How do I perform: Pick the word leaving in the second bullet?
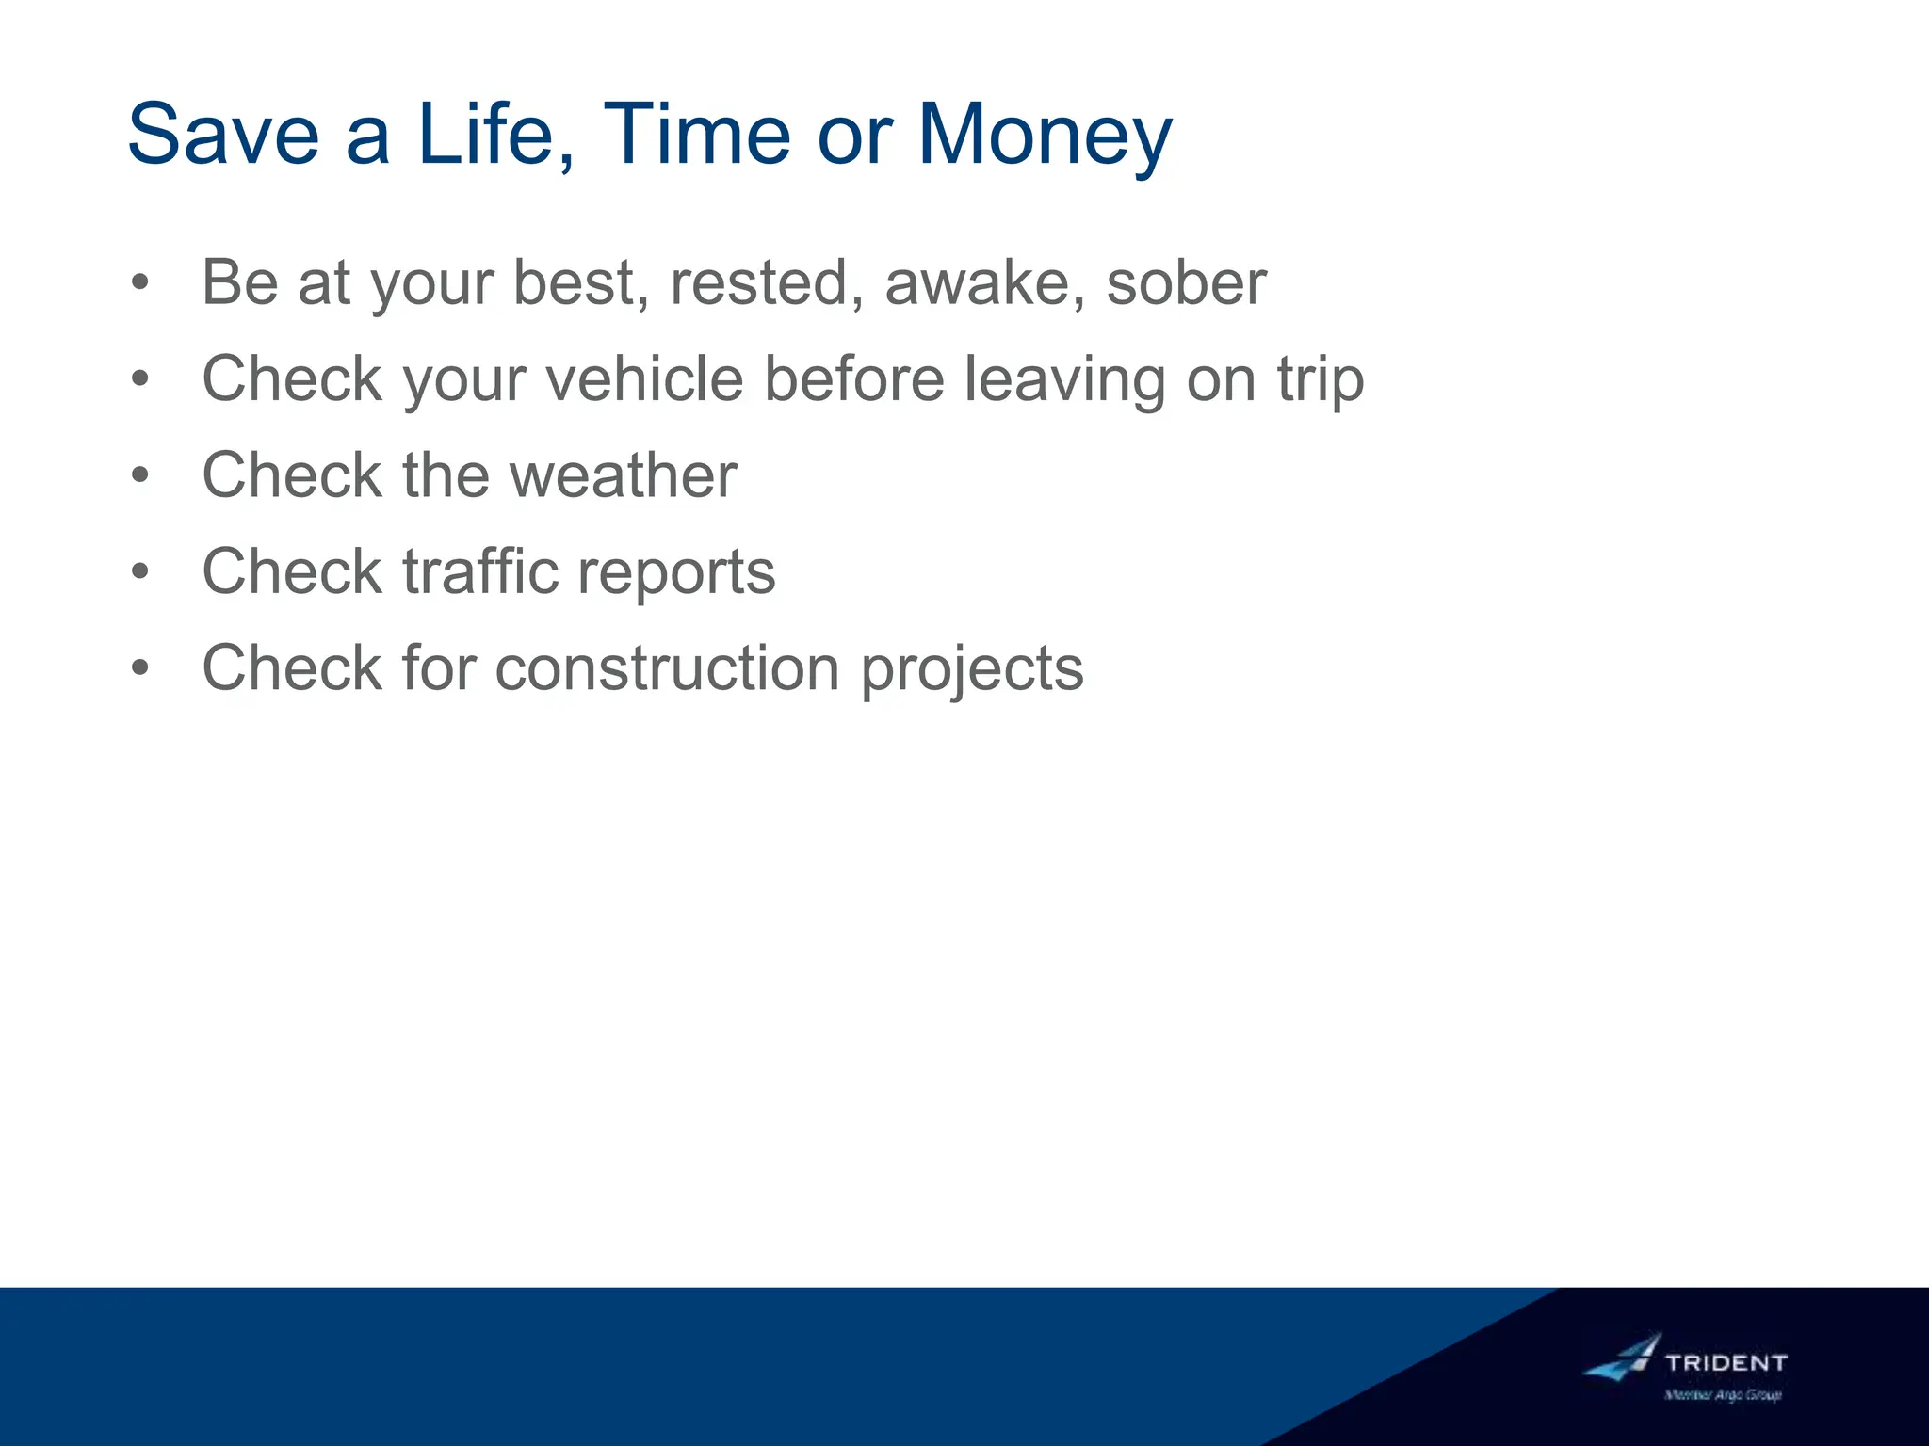1064,379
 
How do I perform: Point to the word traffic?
481,571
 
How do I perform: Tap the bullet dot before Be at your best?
140,282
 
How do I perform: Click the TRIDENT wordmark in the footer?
1726,1362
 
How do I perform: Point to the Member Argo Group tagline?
1723,1395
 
